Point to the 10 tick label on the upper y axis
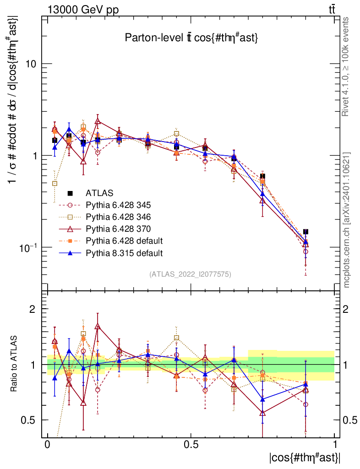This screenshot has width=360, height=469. [x=31, y=64]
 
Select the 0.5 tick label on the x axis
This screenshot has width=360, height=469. [x=191, y=445]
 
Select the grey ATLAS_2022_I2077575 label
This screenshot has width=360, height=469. [x=190, y=274]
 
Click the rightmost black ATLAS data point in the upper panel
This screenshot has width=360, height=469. [x=305, y=232]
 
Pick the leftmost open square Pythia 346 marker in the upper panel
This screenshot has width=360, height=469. [x=55, y=183]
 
